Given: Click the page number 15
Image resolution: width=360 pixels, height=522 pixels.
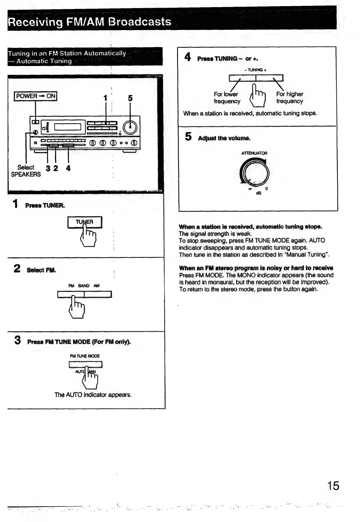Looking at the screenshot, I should coord(333,486).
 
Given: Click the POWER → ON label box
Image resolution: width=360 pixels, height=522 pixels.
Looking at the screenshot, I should coord(36,96).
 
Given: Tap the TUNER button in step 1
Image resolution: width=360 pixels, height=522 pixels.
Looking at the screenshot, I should coord(85,222).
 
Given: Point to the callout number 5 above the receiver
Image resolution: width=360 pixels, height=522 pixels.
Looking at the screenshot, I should coord(130,98).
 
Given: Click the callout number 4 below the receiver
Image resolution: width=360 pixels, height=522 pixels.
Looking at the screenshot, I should coord(68,168).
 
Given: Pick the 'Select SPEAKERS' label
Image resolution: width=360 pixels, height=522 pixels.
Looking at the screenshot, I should coord(26,171).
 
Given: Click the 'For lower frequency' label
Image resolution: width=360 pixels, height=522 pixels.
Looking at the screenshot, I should coord(227,98).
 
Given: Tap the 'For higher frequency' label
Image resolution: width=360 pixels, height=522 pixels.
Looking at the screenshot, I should coord(290,98).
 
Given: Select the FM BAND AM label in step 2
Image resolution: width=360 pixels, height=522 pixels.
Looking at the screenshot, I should coord(84,286).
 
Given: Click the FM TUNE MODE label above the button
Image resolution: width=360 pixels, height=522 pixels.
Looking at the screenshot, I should coord(85,356).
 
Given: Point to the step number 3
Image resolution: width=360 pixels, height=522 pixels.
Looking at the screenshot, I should coord(17,340).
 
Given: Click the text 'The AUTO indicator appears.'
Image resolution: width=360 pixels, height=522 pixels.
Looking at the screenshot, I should coord(93,395).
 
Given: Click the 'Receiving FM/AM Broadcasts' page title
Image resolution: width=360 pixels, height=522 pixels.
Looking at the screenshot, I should coord(90,22).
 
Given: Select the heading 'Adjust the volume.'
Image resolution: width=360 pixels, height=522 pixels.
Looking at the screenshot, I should coord(224,138).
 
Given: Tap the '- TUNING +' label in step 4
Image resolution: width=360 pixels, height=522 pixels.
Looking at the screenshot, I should coord(255,70).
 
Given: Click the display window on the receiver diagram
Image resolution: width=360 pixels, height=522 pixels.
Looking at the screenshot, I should coord(68,127).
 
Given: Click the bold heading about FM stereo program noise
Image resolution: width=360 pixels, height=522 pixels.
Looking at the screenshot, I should coord(256,268).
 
